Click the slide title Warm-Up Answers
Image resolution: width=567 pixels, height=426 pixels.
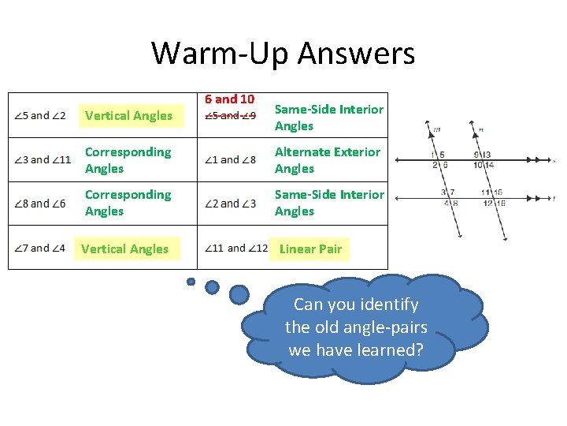pos(283,54)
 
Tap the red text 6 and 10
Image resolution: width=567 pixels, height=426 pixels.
pos(229,99)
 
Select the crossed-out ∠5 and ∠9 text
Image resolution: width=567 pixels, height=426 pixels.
pos(230,116)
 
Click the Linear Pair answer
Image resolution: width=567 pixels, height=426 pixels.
pos(310,249)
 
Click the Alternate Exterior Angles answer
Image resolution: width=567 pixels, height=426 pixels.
pos(327,160)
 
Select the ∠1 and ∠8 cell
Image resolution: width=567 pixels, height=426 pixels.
pos(230,160)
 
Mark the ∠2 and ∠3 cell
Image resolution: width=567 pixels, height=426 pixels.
pos(230,204)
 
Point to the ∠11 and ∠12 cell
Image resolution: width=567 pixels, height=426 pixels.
pos(235,248)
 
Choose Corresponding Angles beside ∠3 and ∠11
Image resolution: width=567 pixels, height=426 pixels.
pos(128,160)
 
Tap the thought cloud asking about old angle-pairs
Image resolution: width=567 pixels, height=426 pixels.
pos(356,327)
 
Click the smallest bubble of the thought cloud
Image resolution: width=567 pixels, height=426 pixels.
pos(191,281)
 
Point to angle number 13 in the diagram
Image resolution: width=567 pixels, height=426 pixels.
pos(487,155)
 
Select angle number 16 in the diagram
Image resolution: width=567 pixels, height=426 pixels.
pos(500,204)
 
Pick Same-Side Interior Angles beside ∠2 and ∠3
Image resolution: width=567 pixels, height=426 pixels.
pos(329,203)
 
